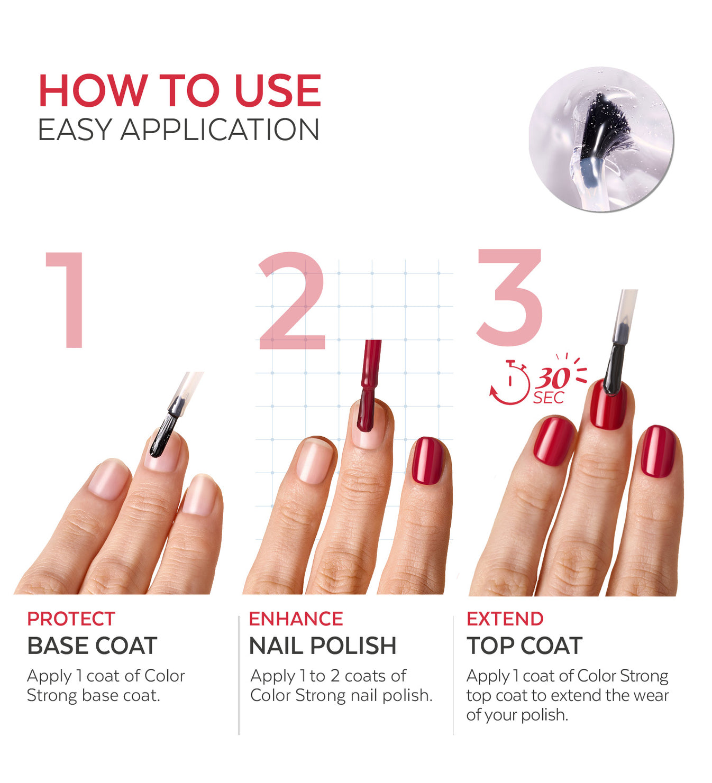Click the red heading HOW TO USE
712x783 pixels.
click(x=180, y=90)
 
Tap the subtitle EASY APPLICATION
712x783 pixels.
click(x=178, y=130)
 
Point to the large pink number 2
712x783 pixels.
click(x=292, y=300)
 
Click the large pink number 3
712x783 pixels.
click(x=510, y=298)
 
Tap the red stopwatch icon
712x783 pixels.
click(x=509, y=383)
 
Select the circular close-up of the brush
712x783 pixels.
click(x=601, y=140)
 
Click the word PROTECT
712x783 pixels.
click(x=71, y=619)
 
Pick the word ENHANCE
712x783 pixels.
click(x=296, y=619)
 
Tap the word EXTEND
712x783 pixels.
click(x=505, y=619)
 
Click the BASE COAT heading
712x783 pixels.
click(x=92, y=646)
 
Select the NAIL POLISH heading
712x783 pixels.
click(x=323, y=646)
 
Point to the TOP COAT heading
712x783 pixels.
click(x=525, y=646)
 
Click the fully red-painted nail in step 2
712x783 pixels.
click(x=427, y=461)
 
